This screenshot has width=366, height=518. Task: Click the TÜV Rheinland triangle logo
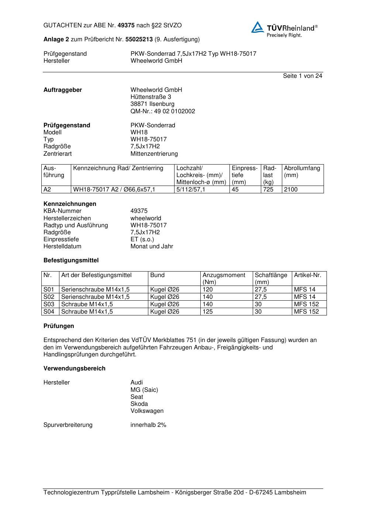coord(258,27)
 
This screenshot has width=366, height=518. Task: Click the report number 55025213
coord(139,39)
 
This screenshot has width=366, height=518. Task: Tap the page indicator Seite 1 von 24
coord(303,76)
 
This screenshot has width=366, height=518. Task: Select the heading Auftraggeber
coord(63,90)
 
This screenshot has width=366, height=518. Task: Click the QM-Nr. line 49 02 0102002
coord(163,111)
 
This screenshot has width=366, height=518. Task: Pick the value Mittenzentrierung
coord(154,153)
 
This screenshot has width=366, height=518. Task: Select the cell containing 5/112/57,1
coord(191,189)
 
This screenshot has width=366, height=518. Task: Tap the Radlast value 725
coord(268,189)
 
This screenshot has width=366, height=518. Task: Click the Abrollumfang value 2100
coord(291,189)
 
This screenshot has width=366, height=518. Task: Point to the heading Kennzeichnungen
coord(70,204)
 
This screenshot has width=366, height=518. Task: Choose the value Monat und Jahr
coord(152,246)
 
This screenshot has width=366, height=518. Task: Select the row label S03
coord(49,304)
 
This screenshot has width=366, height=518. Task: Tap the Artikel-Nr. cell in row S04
coord(306,311)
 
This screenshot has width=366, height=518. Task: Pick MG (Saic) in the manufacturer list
coord(144,390)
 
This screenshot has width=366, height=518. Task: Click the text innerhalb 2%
coord(148,425)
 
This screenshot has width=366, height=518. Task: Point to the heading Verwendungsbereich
coord(75,368)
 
